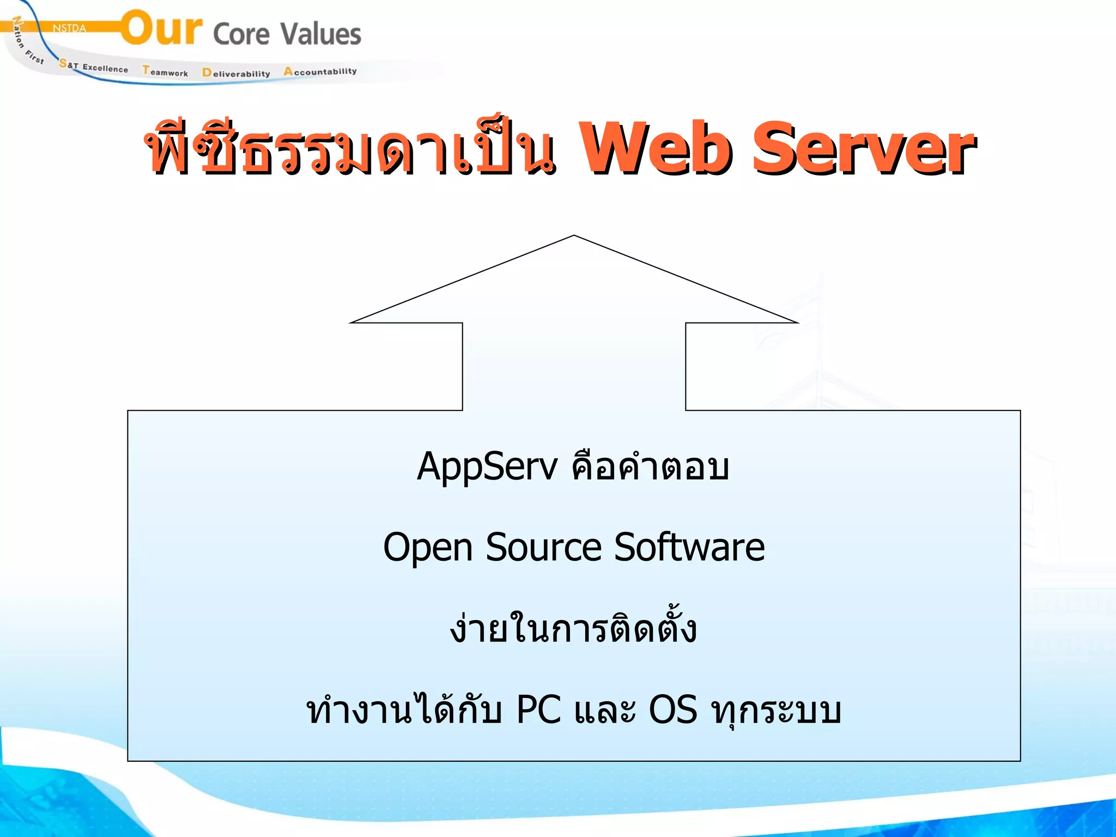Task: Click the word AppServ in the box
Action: coord(487,468)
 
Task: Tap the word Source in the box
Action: coord(543,548)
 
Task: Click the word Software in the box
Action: coord(689,548)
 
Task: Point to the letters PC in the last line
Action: coord(538,710)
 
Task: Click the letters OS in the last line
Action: coord(673,710)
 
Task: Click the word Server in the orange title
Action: coord(863,148)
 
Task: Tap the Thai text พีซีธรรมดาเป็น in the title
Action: coord(351,148)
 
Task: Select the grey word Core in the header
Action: coord(241,34)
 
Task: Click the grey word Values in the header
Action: coord(321,34)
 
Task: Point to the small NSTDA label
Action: coord(69,28)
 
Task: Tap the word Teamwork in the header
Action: coord(165,71)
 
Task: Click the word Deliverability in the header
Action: coord(236,73)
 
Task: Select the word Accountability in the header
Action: coord(320,71)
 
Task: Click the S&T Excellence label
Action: coord(94,66)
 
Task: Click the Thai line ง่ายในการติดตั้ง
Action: coord(573,628)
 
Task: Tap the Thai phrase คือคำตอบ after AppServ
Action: coord(650,468)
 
